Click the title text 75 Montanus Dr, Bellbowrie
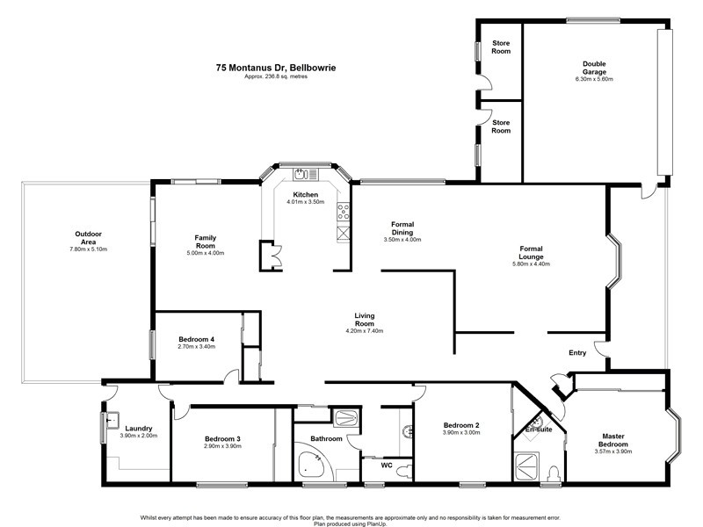(276, 66)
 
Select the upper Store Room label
(501, 47)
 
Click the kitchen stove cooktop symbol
(344, 212)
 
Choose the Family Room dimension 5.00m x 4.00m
(205, 254)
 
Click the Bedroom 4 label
(196, 339)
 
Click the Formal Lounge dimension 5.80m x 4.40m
(531, 263)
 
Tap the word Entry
(577, 353)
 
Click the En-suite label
(538, 430)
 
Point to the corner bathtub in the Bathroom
(311, 465)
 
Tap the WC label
(385, 466)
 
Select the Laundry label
(140, 429)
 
